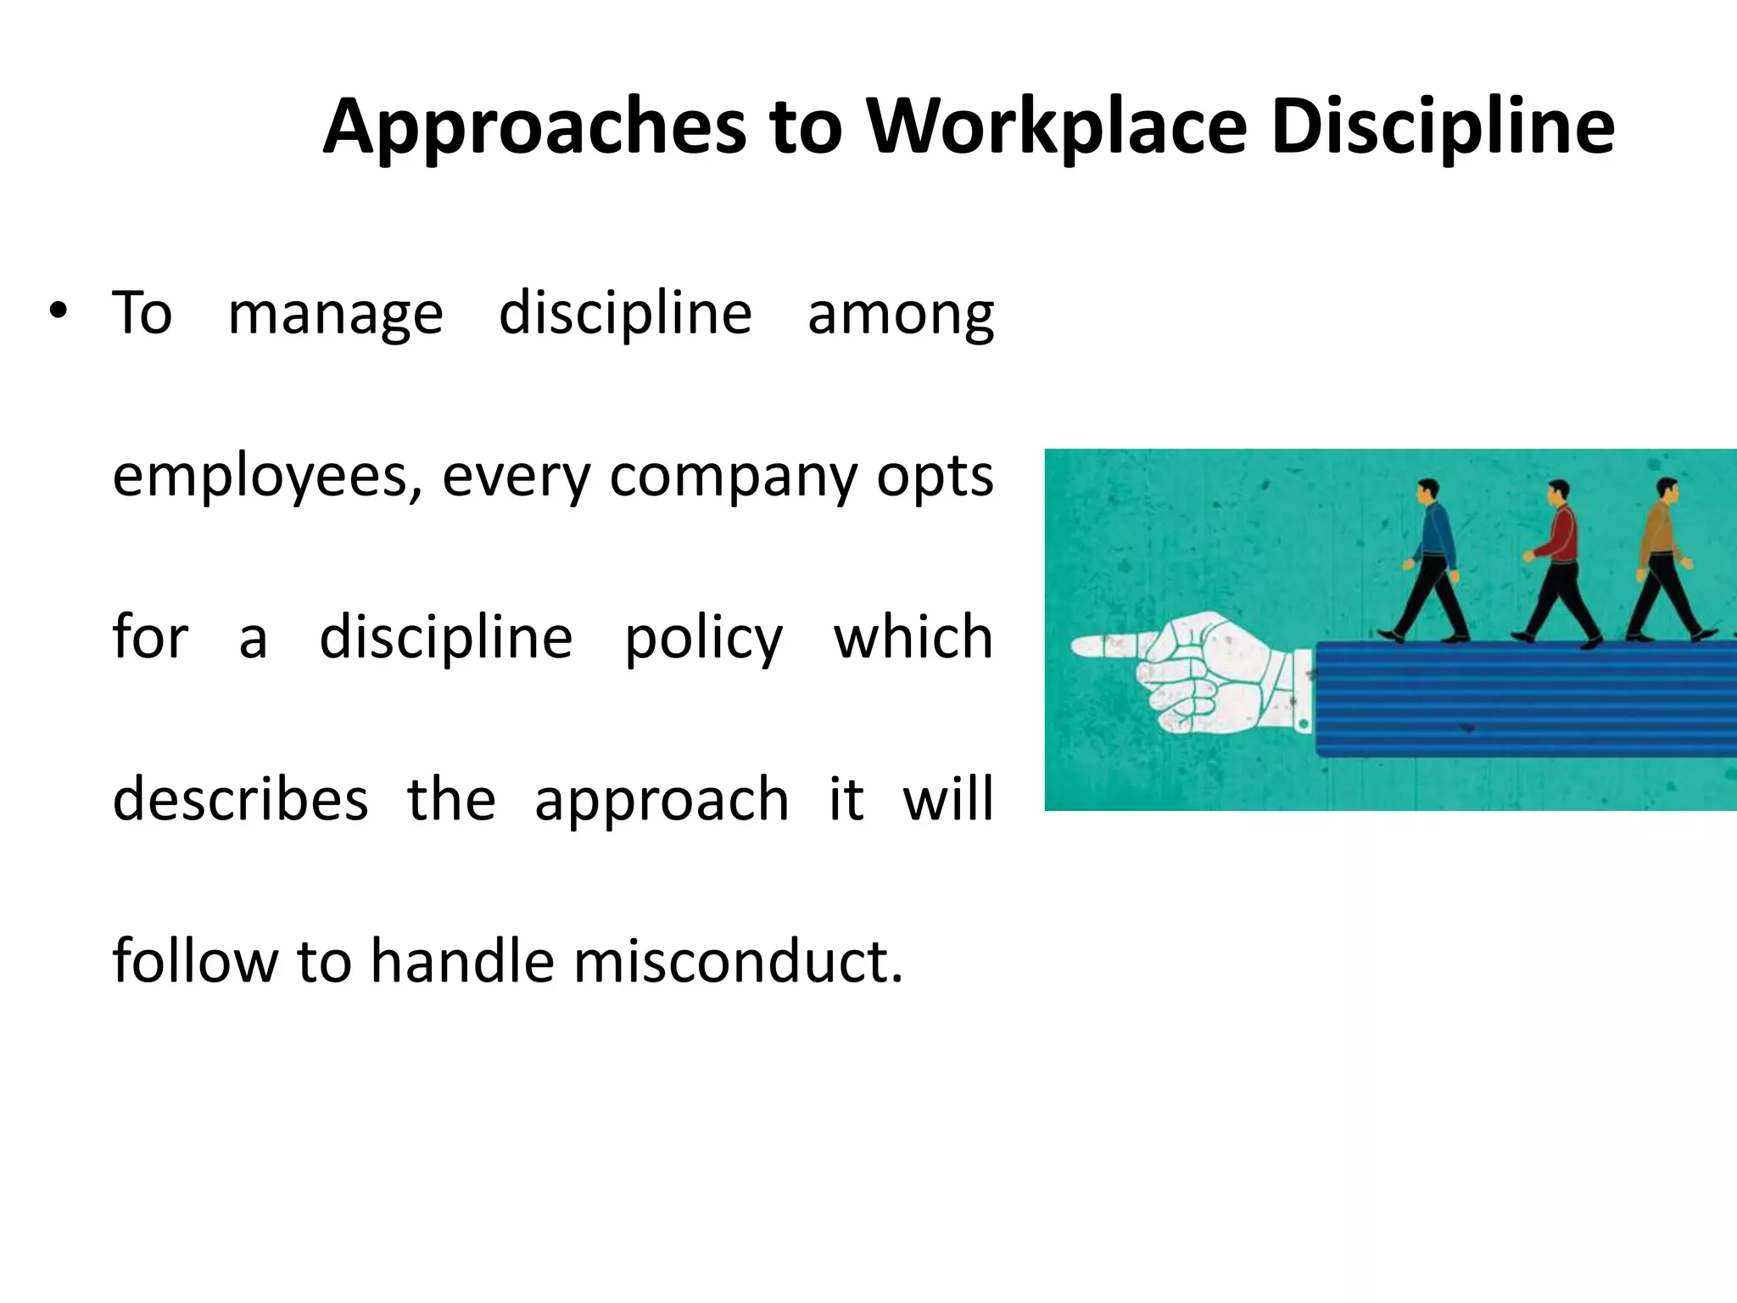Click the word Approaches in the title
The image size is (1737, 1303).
[534, 127]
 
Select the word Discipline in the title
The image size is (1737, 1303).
[1443, 127]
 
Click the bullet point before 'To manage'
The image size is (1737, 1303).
[57, 312]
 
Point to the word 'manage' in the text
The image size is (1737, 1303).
[335, 314]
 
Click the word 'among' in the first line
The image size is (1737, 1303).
[900, 314]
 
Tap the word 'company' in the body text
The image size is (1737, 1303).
[734, 477]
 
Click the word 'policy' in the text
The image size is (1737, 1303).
[703, 639]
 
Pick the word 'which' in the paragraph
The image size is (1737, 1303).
[913, 637]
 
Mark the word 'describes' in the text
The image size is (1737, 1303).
[240, 800]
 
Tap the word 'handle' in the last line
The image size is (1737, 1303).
[462, 962]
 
